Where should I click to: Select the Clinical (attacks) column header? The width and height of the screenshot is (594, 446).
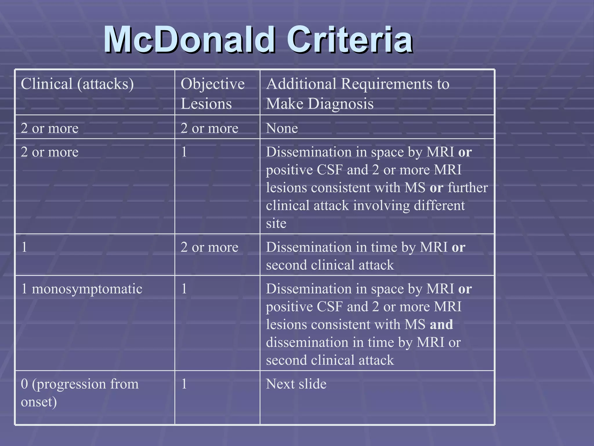click(77, 84)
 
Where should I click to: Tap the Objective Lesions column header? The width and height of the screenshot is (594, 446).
click(213, 93)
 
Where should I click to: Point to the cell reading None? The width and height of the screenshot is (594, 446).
click(282, 128)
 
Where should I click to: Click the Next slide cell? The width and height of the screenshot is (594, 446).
click(296, 384)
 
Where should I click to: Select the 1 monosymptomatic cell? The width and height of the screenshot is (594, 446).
click(82, 289)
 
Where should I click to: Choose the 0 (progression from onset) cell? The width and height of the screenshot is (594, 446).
click(80, 393)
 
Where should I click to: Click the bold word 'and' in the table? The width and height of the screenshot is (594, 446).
click(441, 324)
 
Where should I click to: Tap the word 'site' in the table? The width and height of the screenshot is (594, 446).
click(276, 223)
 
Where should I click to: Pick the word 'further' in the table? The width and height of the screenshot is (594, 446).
click(468, 188)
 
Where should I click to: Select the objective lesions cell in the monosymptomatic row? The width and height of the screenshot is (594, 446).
click(184, 289)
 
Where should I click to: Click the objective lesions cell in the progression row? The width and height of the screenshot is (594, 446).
click(184, 384)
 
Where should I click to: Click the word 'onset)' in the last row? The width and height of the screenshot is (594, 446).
click(39, 402)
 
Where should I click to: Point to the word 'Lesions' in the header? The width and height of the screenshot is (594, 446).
click(206, 104)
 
